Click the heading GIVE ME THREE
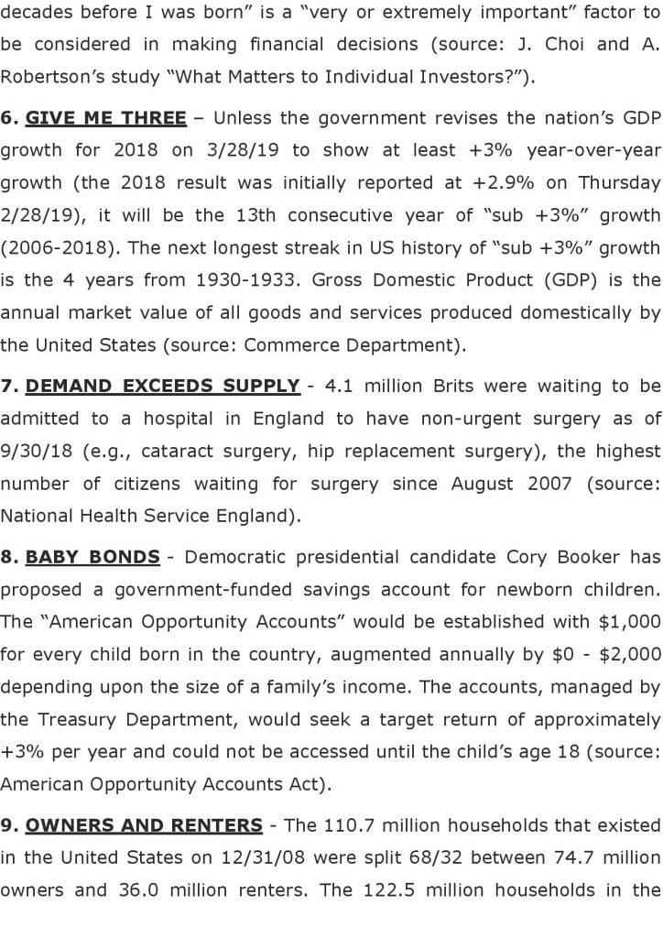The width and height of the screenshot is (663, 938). coord(105,118)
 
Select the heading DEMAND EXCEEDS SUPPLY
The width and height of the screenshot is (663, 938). coord(162,386)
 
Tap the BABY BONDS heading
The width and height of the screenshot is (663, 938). coord(92,556)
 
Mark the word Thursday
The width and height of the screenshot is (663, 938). coord(612,183)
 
